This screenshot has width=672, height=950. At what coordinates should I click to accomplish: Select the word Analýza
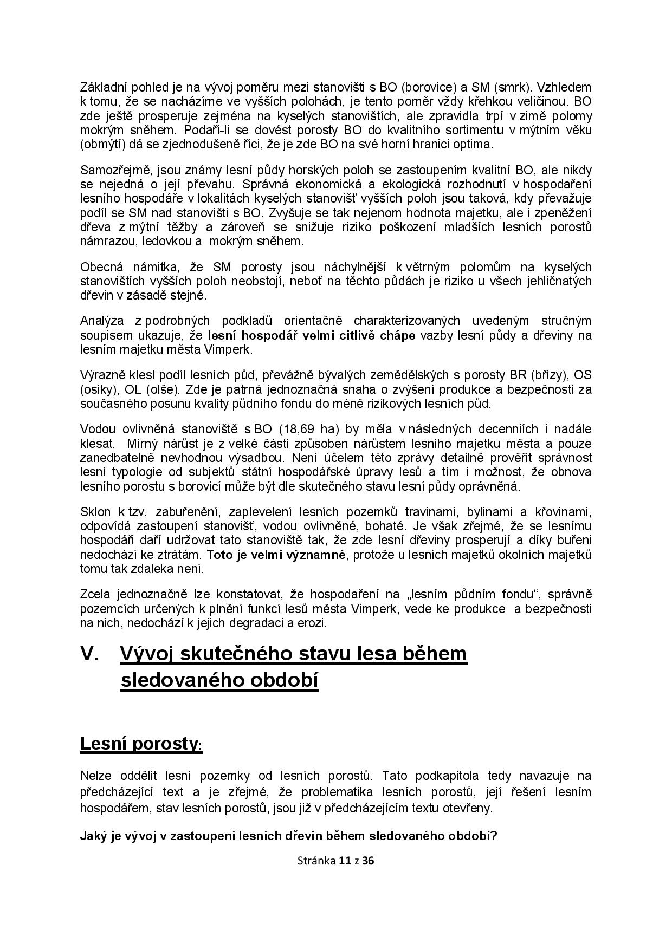(101, 321)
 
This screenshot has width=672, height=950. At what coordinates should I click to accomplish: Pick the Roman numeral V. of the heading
(89, 654)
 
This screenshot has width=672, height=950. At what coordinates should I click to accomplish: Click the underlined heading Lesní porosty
(139, 744)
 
